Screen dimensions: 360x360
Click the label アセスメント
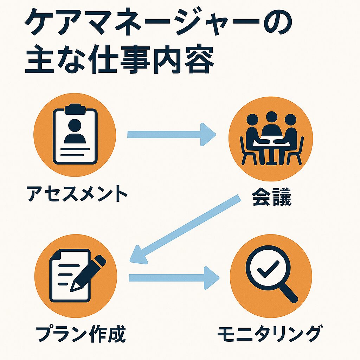point(77,193)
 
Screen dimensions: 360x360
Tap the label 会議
point(272,197)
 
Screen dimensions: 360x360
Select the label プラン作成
point(81,333)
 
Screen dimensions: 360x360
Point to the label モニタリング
point(269,333)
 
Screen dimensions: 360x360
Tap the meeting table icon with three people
point(271,139)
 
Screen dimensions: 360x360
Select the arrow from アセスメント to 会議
point(172,135)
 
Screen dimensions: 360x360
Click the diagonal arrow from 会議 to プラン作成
point(185,229)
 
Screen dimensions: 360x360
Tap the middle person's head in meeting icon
point(272,117)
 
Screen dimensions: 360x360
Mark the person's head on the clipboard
point(75,125)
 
